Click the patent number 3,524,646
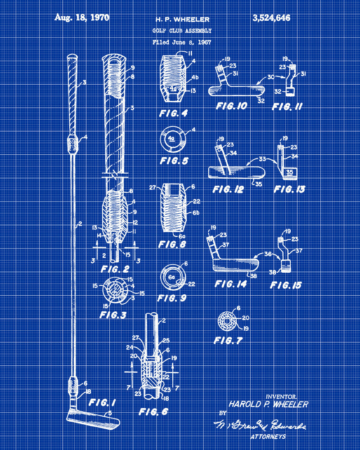pos(271,18)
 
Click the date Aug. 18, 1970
pos(82,18)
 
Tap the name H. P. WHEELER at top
pos(182,19)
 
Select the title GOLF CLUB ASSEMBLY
pos(182,31)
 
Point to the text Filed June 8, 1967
pos(182,42)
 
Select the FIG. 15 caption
pos(286,285)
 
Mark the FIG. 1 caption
pos(102,402)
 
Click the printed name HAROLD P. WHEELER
pos(268,404)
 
